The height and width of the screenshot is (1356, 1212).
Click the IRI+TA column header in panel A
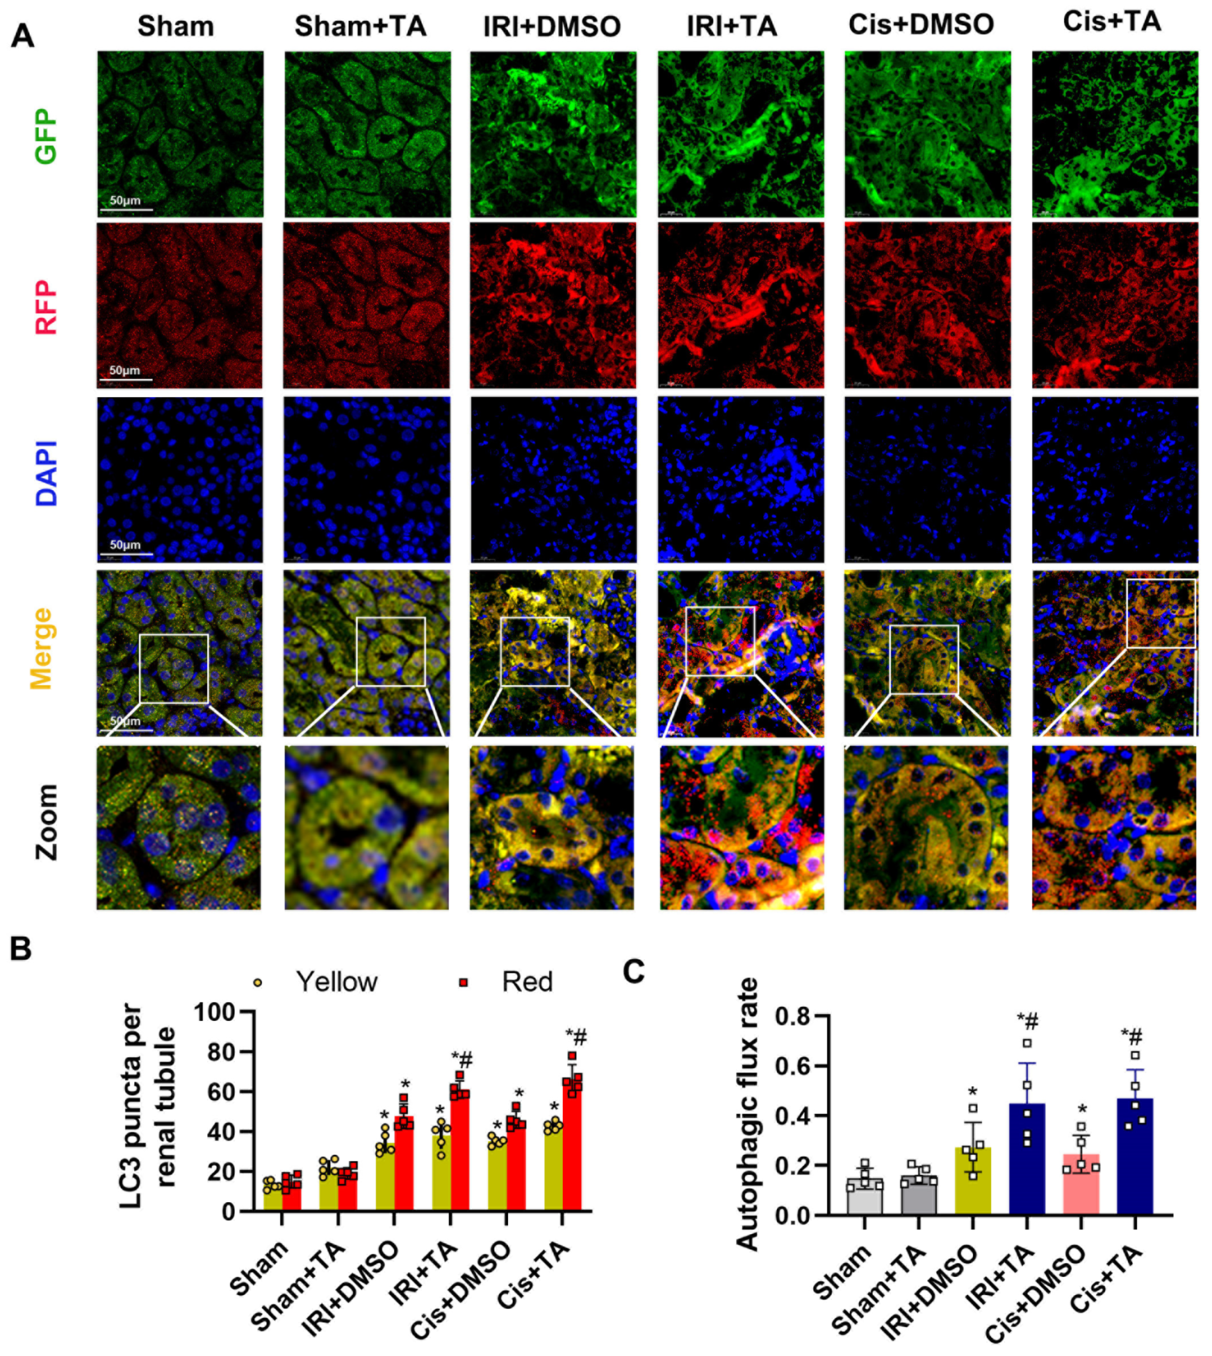[732, 27]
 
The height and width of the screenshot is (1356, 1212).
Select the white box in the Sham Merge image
[174, 668]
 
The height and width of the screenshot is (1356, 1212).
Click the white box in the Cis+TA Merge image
[1160, 613]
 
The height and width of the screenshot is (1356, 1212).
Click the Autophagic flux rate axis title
[748, 1114]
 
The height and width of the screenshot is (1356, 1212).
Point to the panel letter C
[633, 972]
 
